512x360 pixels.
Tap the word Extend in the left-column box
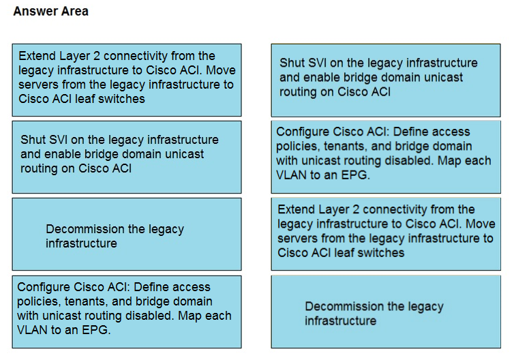pyautogui.click(x=37, y=56)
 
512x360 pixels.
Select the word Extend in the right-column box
pyautogui.click(x=296, y=209)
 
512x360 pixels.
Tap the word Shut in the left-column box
pyautogui.click(x=33, y=140)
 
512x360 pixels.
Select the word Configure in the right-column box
pyautogui.click(x=303, y=132)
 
